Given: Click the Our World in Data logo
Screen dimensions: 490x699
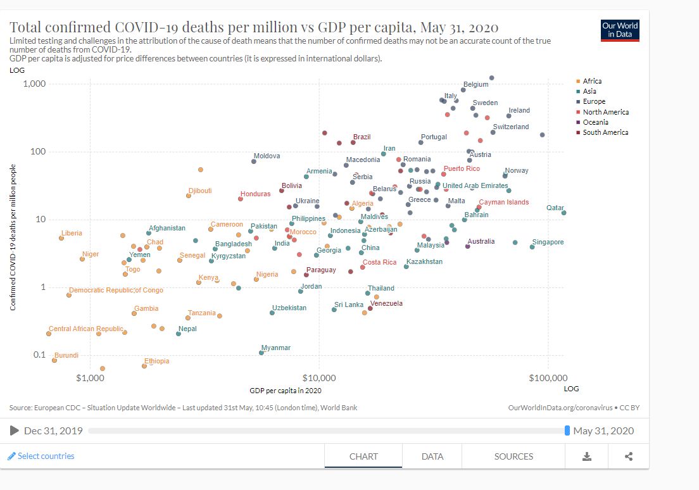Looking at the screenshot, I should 620,30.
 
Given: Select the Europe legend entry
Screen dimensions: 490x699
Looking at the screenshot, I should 593,101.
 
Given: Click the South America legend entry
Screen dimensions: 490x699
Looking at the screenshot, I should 605,132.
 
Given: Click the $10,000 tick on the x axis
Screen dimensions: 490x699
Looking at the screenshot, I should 319,378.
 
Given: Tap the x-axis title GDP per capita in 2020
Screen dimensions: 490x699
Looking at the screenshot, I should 286,390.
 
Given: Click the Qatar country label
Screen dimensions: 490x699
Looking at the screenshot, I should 555,208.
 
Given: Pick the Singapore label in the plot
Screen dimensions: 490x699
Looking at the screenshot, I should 548,242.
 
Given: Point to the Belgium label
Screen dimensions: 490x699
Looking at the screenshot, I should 475,84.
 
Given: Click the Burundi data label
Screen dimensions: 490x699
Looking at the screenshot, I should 66,355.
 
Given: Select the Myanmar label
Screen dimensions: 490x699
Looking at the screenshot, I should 276,348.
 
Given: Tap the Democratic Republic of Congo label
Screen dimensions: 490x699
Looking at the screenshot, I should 116,290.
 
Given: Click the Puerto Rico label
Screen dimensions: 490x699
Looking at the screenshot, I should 462,168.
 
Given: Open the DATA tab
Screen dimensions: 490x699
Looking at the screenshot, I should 432,456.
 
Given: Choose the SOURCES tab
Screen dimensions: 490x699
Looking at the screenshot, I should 513,456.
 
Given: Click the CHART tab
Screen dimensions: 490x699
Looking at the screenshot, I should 363,456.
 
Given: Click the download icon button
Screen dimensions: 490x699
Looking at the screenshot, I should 587,456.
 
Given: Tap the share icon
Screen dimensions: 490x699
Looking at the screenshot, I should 629,456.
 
